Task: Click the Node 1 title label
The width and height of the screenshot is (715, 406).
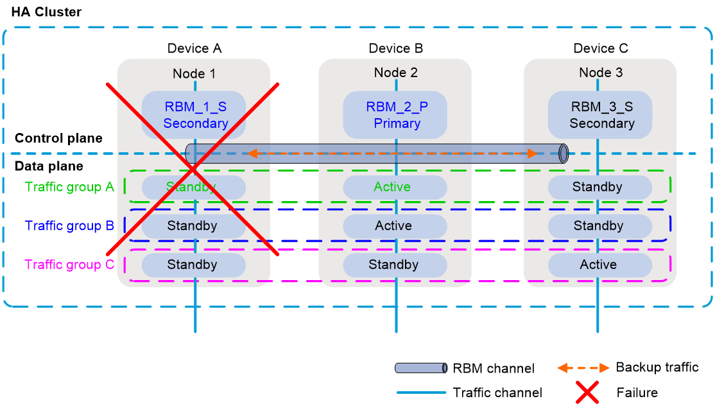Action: point(194,74)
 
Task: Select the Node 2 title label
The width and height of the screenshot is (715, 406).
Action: point(395,73)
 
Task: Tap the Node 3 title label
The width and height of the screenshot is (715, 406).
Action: point(601,73)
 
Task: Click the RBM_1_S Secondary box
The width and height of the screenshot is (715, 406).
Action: point(194,115)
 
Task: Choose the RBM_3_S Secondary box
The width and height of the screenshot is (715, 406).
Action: point(601,115)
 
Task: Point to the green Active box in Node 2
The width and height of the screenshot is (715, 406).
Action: point(395,188)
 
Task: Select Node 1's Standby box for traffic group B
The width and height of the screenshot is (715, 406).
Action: point(193,226)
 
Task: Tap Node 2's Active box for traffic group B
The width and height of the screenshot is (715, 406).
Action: point(395,226)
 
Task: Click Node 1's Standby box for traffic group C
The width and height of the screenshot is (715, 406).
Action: point(193,265)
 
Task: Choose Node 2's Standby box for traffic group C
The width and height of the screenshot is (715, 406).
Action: point(395,265)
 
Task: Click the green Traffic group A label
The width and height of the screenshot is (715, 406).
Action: point(69,187)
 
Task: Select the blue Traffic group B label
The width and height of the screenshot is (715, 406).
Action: point(69,226)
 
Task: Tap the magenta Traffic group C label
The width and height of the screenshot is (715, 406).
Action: point(69,265)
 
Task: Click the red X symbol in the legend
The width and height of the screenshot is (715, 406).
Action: point(587,392)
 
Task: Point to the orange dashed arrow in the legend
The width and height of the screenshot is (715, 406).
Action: point(583,368)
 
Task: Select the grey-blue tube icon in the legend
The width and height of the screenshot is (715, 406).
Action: point(421,368)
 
